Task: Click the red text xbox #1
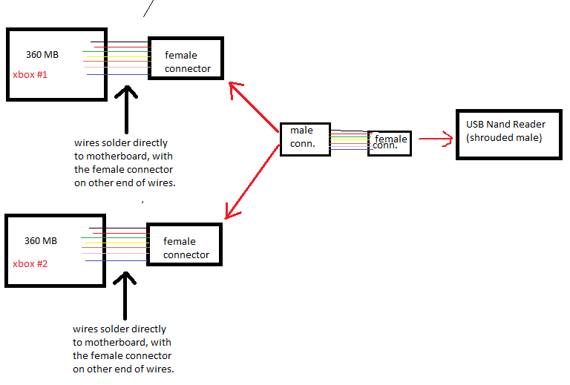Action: click(30, 75)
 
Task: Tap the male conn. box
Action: click(304, 138)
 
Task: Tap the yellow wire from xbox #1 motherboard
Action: click(119, 56)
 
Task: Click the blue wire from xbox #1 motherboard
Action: click(119, 74)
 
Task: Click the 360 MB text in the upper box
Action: click(42, 54)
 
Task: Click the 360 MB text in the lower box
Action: click(40, 241)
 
